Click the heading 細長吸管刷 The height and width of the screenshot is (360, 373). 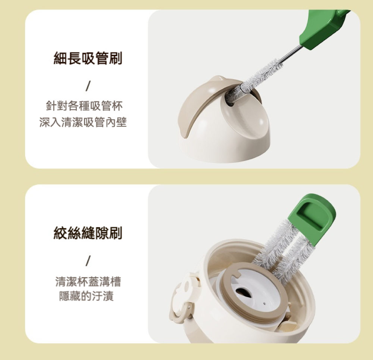click(88, 59)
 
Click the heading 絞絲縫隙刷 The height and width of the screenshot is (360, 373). click(88, 233)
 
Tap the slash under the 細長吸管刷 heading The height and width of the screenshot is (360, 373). click(88, 86)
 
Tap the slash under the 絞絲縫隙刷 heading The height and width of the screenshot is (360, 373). click(88, 261)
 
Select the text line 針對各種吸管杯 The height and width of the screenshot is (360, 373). click(84, 106)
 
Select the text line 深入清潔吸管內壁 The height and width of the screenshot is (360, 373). click(83, 122)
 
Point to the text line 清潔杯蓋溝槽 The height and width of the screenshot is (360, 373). click(88, 282)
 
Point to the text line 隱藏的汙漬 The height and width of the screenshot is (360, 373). click(86, 297)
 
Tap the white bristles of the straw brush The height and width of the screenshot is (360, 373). click(257, 76)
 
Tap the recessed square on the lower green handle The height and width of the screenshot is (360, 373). click(312, 214)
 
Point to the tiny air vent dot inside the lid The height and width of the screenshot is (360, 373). click(264, 303)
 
